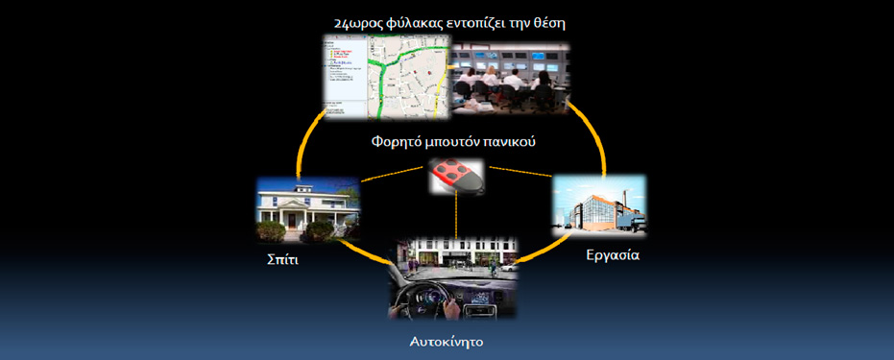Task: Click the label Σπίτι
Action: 282,260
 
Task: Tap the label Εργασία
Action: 613,254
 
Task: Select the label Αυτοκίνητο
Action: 447,342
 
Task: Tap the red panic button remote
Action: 457,177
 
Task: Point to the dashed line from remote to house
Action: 395,175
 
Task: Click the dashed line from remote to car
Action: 457,216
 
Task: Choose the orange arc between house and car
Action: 365,253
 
